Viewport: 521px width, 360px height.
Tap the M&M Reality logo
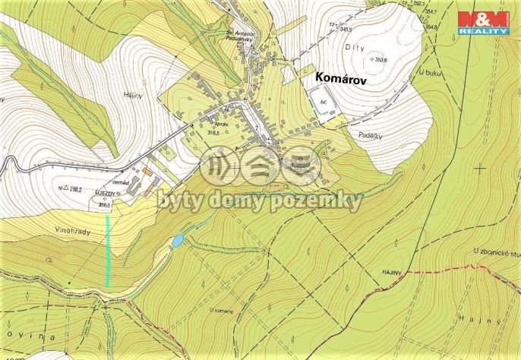click(483, 23)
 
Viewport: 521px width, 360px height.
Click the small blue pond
click(177, 241)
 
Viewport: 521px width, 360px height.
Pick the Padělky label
click(368, 132)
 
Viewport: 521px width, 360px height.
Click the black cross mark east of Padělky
click(480, 167)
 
